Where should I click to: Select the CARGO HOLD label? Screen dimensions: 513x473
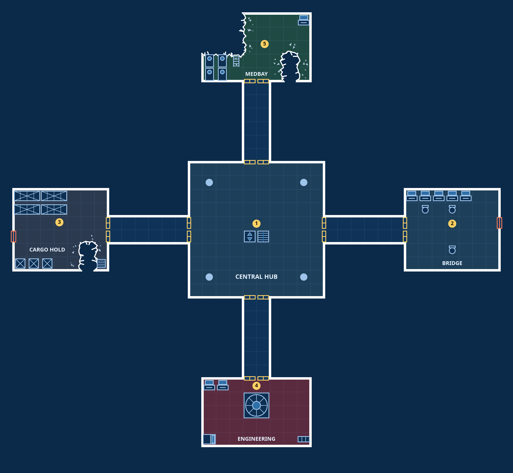(47, 250)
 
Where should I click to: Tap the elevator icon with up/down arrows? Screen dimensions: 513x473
(250, 236)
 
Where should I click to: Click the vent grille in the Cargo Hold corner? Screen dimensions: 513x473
(101, 263)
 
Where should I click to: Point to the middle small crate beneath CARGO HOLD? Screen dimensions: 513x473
(34, 263)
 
